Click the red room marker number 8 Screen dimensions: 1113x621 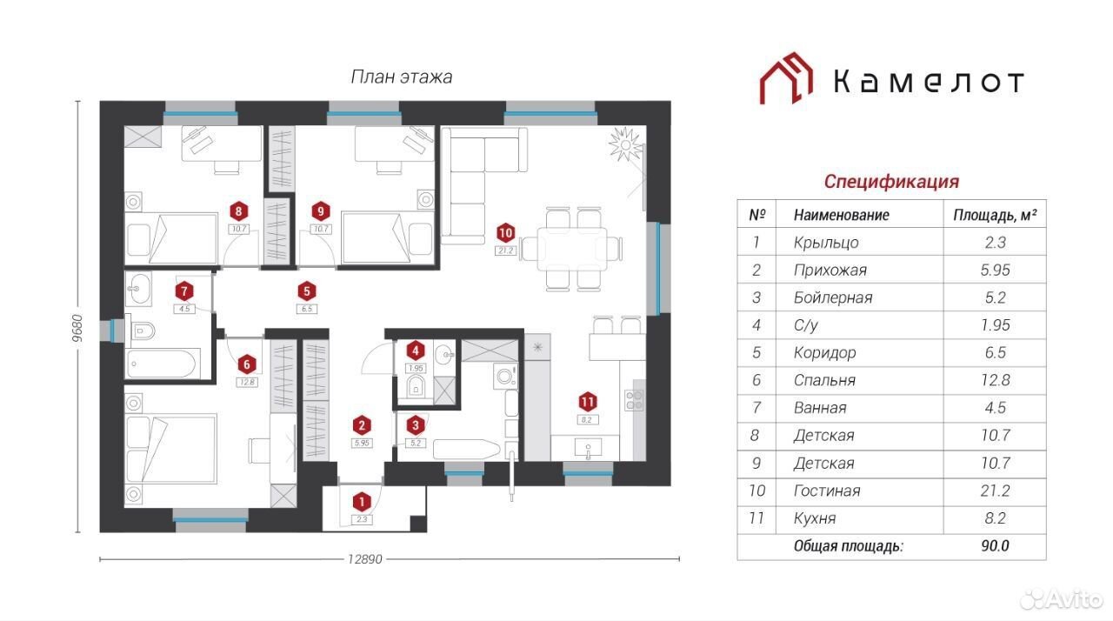tap(238, 211)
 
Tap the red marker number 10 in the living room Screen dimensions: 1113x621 tap(505, 232)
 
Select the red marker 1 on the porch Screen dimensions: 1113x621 tap(362, 502)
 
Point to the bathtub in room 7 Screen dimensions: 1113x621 tap(163, 364)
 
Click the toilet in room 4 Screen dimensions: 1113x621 tap(416, 386)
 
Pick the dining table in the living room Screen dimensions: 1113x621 tap(571, 250)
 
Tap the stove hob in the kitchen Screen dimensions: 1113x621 tap(635, 400)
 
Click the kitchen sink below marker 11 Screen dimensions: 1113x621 tap(588, 448)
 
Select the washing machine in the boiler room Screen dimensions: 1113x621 tap(505, 376)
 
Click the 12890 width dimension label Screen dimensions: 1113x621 tap(364, 559)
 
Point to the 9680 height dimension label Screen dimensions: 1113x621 tap(77, 329)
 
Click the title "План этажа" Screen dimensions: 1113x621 tap(402, 77)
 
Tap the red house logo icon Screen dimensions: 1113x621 tap(786, 78)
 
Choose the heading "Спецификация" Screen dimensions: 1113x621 tap(891, 181)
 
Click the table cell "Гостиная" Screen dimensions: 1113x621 tap(827, 491)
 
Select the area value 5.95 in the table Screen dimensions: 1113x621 tap(996, 270)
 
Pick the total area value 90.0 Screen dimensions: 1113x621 tap(996, 546)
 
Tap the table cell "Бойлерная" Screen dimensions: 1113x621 tap(833, 297)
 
